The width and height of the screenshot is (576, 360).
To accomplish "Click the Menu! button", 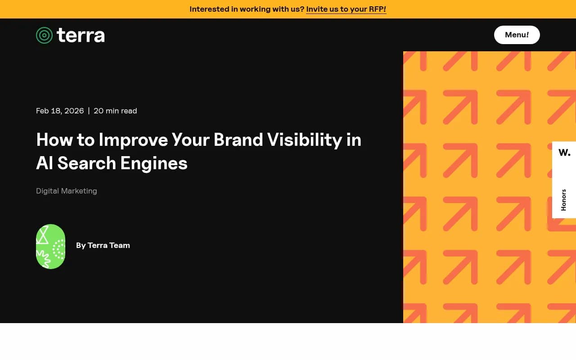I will click(x=517, y=35).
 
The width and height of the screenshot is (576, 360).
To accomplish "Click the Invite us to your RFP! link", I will click(x=346, y=9).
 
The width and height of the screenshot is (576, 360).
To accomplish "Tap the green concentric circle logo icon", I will click(x=44, y=35).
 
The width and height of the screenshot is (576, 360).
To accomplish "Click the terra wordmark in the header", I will click(x=81, y=35).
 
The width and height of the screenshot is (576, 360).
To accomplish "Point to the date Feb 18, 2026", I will click(x=60, y=111).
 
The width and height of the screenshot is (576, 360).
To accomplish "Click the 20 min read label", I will click(x=115, y=111).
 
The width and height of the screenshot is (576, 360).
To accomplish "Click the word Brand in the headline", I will click(x=238, y=139).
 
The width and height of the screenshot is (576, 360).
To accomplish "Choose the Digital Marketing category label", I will click(x=67, y=191).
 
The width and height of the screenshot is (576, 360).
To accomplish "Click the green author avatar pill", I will click(x=50, y=247).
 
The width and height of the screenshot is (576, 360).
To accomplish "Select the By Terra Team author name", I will click(x=103, y=245).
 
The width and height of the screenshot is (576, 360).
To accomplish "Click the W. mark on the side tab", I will click(x=564, y=153).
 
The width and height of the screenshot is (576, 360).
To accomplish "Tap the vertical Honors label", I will click(x=563, y=200).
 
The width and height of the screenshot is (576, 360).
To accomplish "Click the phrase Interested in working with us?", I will click(x=247, y=9).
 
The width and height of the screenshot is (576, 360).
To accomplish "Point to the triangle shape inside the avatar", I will click(x=42, y=235).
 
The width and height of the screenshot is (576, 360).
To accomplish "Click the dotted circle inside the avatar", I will click(x=58, y=250).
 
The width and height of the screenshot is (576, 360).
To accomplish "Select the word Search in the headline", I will click(x=86, y=163).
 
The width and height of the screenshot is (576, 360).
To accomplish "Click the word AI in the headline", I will click(x=45, y=163).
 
